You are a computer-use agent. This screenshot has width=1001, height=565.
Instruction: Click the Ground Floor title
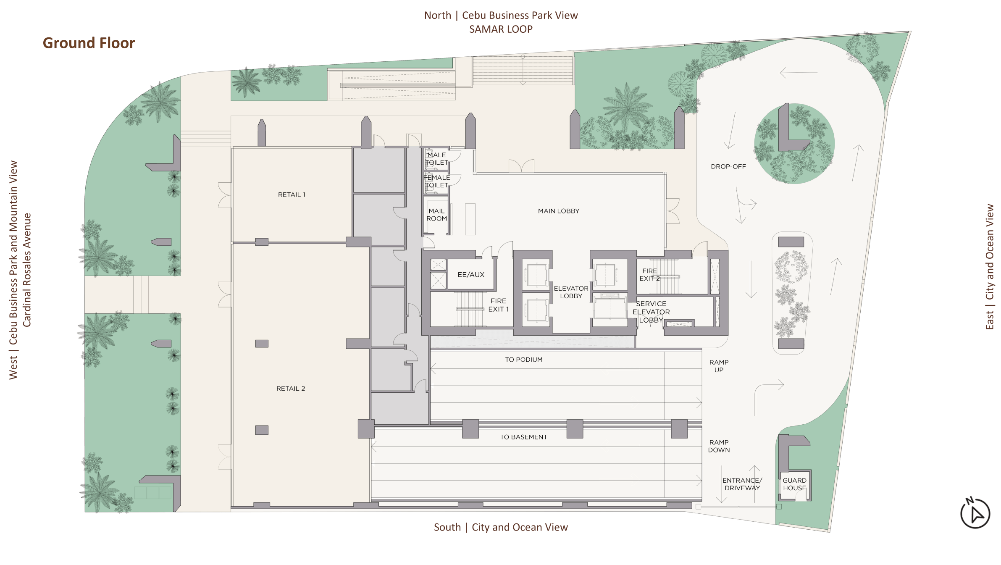[x=89, y=43]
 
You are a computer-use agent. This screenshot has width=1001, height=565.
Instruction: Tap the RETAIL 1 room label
[x=292, y=194]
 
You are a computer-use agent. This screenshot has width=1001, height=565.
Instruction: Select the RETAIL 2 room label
[x=291, y=389]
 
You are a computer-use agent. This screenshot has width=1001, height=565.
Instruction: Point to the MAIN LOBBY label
[x=559, y=211]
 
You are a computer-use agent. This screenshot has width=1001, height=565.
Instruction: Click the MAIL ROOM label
[x=436, y=215]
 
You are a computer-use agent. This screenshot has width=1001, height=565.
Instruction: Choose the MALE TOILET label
[x=436, y=159]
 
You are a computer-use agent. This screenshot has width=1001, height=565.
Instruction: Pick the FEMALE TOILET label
[x=436, y=181]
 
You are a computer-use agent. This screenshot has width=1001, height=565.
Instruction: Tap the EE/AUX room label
[x=471, y=275]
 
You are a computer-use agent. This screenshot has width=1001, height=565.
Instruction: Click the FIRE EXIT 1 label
[x=498, y=305]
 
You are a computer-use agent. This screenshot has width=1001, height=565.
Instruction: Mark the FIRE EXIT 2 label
[x=649, y=275]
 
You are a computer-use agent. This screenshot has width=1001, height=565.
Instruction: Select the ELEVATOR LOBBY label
[x=571, y=292]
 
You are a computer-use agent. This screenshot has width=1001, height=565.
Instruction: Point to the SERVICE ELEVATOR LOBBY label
[x=651, y=312]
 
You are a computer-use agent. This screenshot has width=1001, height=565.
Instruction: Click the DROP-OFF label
[x=728, y=166]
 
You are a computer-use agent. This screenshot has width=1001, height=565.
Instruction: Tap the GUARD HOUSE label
[x=794, y=484]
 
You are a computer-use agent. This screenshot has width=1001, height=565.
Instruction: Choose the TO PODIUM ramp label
[x=523, y=360]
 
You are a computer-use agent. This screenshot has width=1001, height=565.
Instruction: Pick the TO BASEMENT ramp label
[x=523, y=437]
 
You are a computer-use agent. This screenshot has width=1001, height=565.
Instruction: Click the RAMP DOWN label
[x=719, y=446]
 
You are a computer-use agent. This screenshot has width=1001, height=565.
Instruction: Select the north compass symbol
[x=975, y=513]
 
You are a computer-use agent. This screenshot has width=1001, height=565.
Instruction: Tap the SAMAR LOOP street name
[x=501, y=29]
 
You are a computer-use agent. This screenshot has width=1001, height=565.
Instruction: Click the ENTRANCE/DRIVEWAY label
[x=742, y=484]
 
